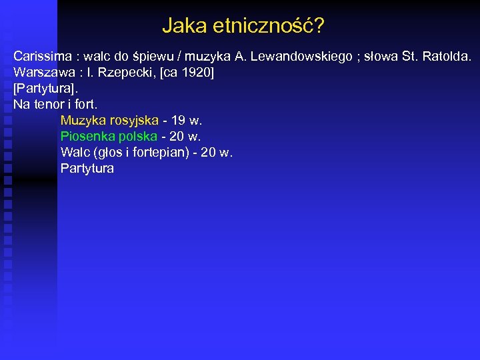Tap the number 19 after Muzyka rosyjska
(x=178, y=120)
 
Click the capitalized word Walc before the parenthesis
(x=74, y=152)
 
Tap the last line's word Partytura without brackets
(x=87, y=168)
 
